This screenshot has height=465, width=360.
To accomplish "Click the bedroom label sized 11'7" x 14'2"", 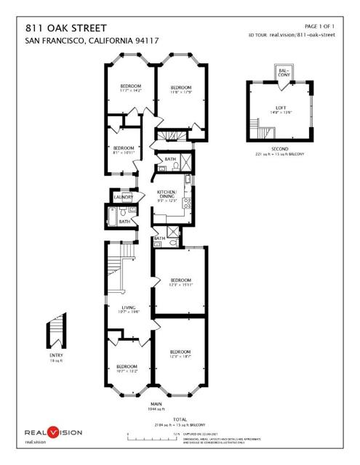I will tap(130, 88).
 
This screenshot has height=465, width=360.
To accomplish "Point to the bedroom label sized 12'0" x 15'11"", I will tap(180, 282).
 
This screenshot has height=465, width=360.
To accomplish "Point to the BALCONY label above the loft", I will tap(282, 72).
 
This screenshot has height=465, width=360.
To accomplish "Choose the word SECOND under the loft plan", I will tap(280, 149).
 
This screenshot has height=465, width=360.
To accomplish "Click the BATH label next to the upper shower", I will tap(170, 158).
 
